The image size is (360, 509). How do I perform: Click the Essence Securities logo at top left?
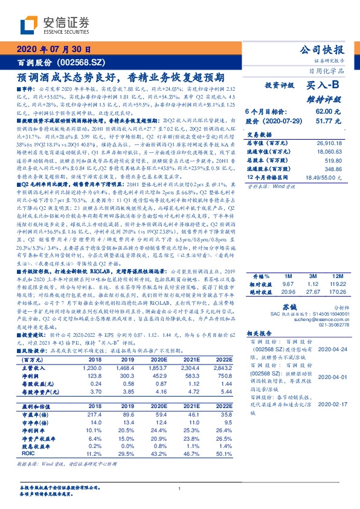tap(54, 24)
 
